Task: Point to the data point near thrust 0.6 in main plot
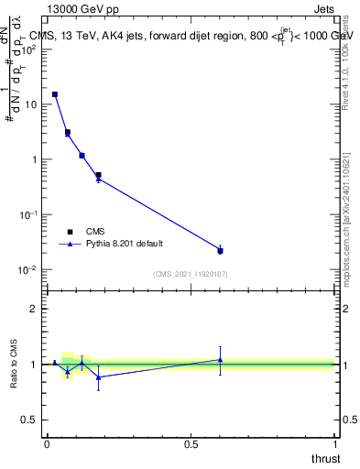tap(220, 250)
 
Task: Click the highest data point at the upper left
tap(55, 94)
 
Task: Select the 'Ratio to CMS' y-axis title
tap(13, 365)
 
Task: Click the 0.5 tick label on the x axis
tap(191, 443)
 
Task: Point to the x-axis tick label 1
tap(336, 443)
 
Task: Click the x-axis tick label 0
tap(47, 443)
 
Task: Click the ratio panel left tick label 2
tap(35, 309)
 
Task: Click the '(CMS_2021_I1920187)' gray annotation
tap(191, 273)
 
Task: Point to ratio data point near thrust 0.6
tap(220, 360)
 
